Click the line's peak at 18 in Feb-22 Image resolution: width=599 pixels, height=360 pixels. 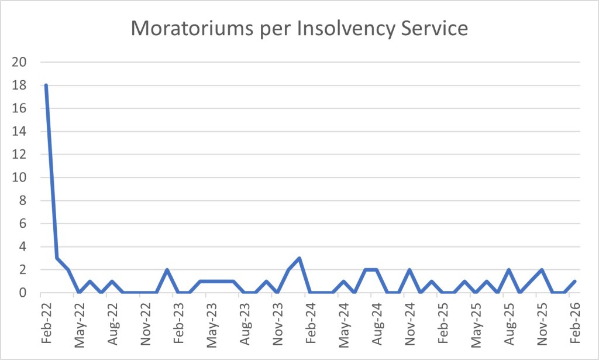[46, 85]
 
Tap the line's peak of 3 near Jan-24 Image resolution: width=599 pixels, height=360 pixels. [299, 258]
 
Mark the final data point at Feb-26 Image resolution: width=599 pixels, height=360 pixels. [575, 282]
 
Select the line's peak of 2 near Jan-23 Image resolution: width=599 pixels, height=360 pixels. [167, 270]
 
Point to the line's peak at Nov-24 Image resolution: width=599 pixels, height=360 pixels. [409, 270]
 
